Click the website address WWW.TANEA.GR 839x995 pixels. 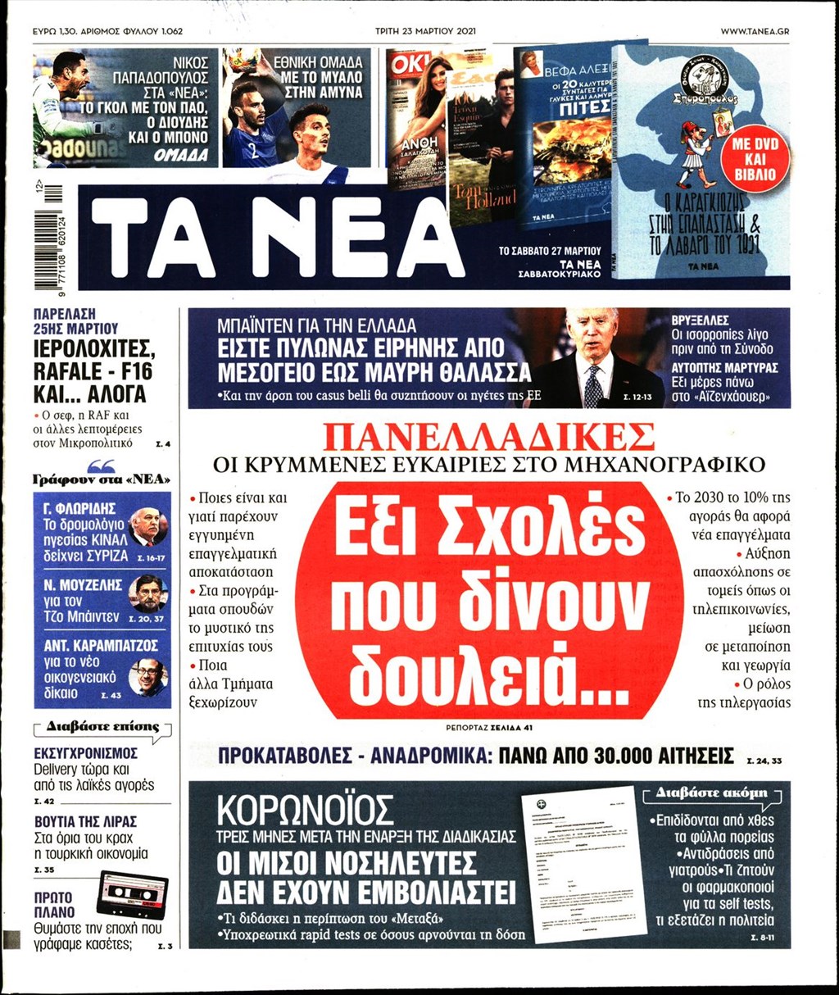[755, 31]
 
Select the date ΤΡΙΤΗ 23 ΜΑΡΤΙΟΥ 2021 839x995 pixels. [419, 31]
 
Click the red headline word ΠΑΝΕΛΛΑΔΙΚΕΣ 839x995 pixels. [489, 438]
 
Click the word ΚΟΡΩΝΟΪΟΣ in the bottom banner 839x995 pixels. [305, 811]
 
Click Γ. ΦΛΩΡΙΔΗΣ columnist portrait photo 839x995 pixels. [148, 525]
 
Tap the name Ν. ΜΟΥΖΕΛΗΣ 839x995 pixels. [83, 585]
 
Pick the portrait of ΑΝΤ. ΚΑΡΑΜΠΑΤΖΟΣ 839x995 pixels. [148, 677]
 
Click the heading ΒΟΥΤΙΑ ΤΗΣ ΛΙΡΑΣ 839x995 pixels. [85, 821]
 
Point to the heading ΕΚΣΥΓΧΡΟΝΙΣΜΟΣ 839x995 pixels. [85, 753]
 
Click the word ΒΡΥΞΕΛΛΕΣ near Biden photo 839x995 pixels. [700, 320]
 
